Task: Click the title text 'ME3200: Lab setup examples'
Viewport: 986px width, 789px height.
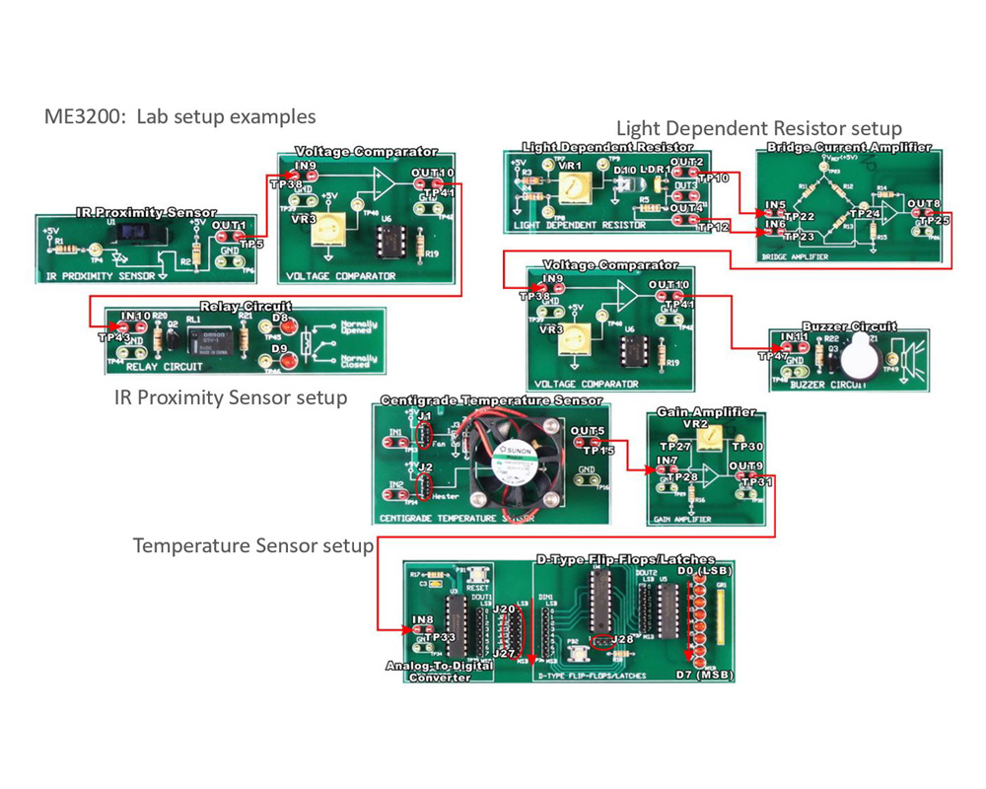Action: pos(179,116)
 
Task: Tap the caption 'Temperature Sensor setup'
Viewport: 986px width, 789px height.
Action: pos(253,545)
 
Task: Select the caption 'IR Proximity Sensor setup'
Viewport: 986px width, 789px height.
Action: pos(231,397)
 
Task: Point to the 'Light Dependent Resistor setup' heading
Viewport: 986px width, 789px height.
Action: pos(758,128)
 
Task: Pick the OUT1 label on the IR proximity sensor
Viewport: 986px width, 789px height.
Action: pos(229,226)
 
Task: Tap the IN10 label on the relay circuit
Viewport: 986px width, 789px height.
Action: pos(135,317)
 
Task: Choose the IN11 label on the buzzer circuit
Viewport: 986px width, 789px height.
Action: pos(795,337)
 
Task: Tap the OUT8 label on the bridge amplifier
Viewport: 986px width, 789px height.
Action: pos(923,204)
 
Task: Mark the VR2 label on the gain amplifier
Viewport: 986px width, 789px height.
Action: pos(696,423)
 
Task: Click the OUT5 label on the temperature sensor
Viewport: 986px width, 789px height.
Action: pos(587,432)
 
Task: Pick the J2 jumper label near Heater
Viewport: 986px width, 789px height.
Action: pos(425,467)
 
